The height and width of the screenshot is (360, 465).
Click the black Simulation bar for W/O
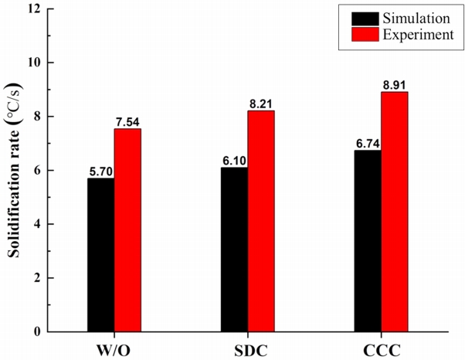tap(100, 255)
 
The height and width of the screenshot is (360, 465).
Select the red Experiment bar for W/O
tap(127, 230)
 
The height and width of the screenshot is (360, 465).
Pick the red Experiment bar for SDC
tap(261, 221)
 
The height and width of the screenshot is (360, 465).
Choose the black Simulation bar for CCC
tap(368, 241)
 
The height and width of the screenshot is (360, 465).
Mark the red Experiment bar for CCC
tap(395, 212)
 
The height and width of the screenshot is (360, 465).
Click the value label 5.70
tap(100, 172)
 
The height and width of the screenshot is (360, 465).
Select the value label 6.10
tap(234, 161)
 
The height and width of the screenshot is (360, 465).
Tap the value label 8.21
tap(262, 104)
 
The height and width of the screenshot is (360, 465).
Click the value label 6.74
tap(368, 144)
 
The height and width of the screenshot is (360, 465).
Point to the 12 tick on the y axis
tap(33, 9)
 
